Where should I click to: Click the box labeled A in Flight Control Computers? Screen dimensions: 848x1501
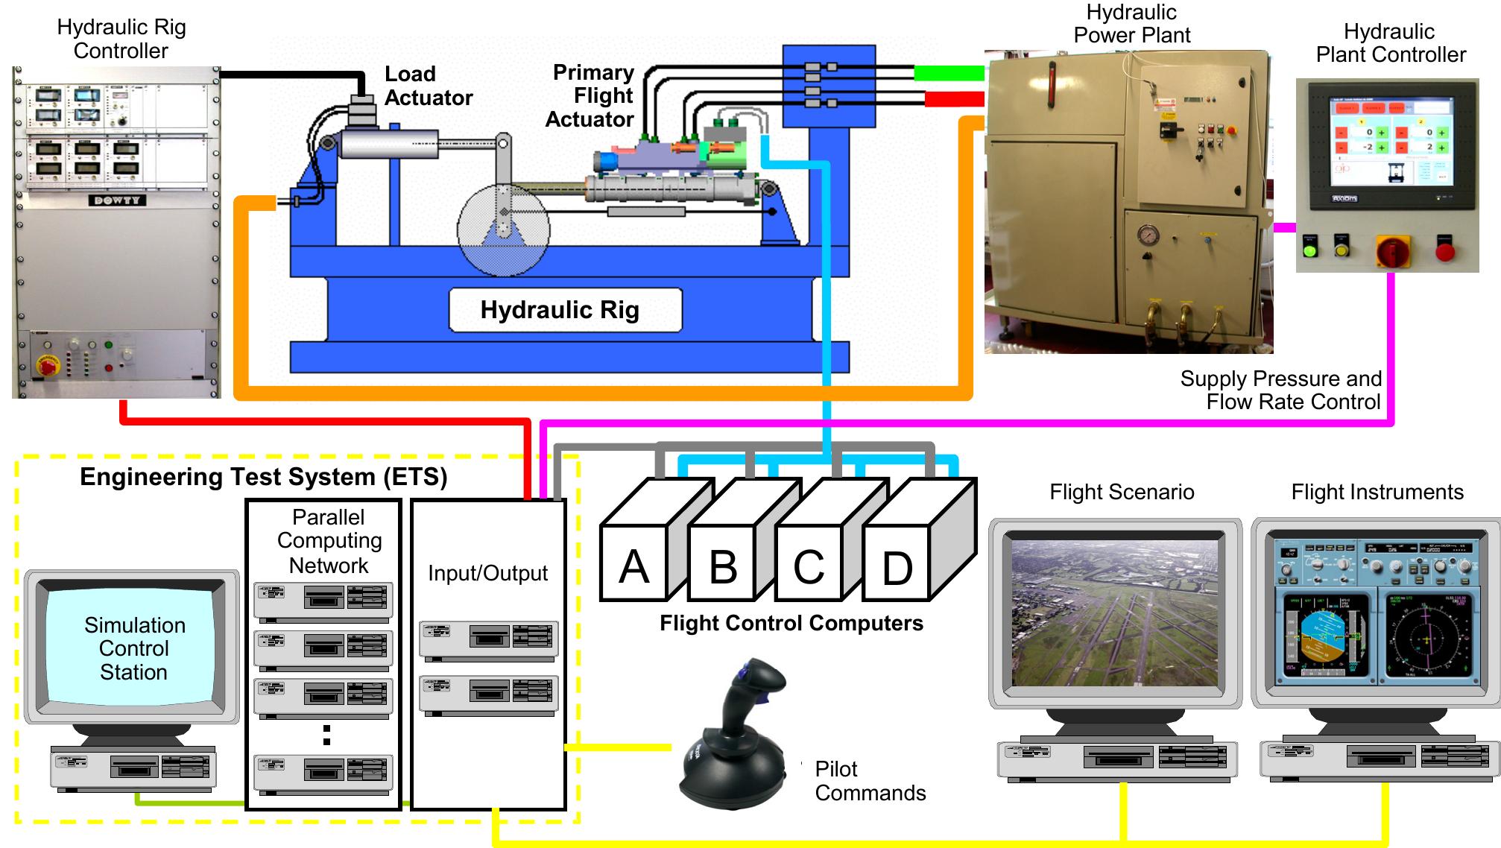(x=633, y=566)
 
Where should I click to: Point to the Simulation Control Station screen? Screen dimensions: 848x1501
(x=133, y=648)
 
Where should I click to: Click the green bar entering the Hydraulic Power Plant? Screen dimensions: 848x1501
(x=949, y=72)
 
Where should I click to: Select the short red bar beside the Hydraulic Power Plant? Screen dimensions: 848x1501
(x=954, y=98)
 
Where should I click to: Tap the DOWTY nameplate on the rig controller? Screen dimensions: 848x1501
(x=117, y=200)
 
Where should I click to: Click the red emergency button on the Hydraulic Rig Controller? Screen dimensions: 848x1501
(x=48, y=365)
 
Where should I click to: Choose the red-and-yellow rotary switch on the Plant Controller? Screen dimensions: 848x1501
(x=1391, y=250)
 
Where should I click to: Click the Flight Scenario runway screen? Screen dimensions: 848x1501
(x=1114, y=613)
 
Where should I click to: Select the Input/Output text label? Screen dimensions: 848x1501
(x=487, y=573)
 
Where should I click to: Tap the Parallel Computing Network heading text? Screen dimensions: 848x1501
(x=329, y=541)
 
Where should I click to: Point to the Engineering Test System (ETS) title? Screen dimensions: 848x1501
(x=263, y=477)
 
